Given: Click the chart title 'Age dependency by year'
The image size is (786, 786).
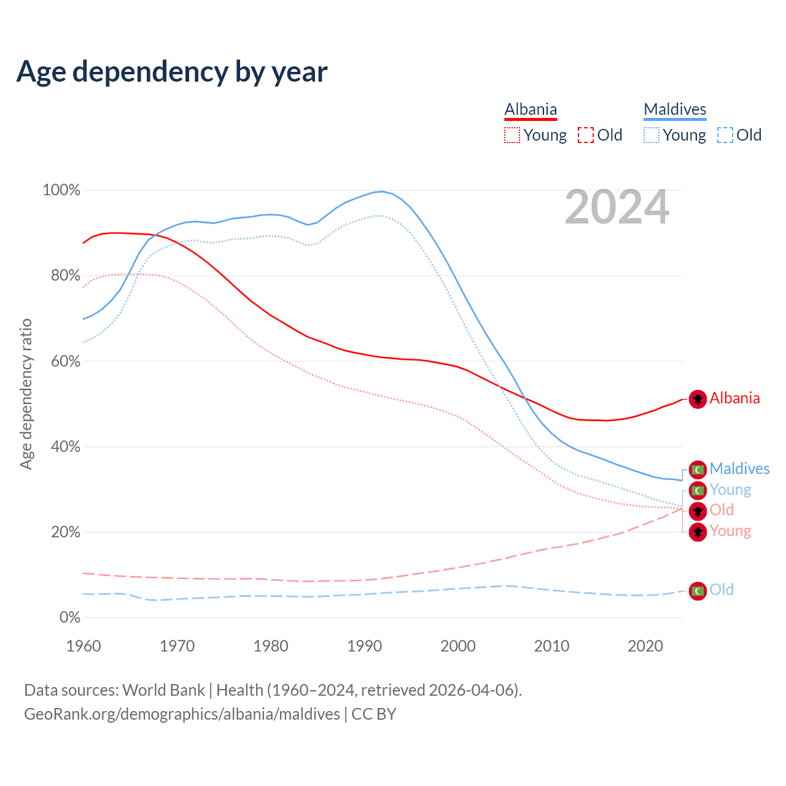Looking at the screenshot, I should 172,72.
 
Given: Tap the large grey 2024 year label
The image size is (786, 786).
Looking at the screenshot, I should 617,208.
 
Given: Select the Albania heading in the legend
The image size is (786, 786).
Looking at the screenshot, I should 531,109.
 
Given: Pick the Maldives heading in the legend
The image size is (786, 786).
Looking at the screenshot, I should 675,109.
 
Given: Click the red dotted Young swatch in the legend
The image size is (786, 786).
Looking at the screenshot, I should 512,135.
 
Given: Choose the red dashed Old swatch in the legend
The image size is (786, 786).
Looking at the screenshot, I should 585,135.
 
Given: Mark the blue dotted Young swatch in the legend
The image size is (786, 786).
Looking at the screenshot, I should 651,135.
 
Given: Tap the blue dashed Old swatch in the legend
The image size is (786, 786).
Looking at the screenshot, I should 725,135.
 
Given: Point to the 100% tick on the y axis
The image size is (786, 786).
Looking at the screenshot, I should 61,190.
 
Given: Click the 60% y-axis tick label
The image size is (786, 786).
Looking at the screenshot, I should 65,361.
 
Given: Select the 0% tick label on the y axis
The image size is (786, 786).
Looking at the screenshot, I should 69,618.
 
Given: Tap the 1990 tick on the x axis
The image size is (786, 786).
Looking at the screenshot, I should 365,646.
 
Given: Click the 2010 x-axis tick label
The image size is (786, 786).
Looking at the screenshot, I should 551,646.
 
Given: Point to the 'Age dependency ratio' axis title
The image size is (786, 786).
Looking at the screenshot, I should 26,394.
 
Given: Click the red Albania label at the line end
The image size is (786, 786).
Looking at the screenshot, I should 734,399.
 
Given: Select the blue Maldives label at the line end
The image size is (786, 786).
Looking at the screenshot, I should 739,469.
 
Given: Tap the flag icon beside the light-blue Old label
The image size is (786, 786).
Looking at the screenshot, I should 698,591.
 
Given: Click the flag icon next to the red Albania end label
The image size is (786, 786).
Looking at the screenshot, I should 698,399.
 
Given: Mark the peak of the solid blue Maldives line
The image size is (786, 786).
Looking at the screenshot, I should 383,192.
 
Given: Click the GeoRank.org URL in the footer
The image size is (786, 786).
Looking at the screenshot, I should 182,714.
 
